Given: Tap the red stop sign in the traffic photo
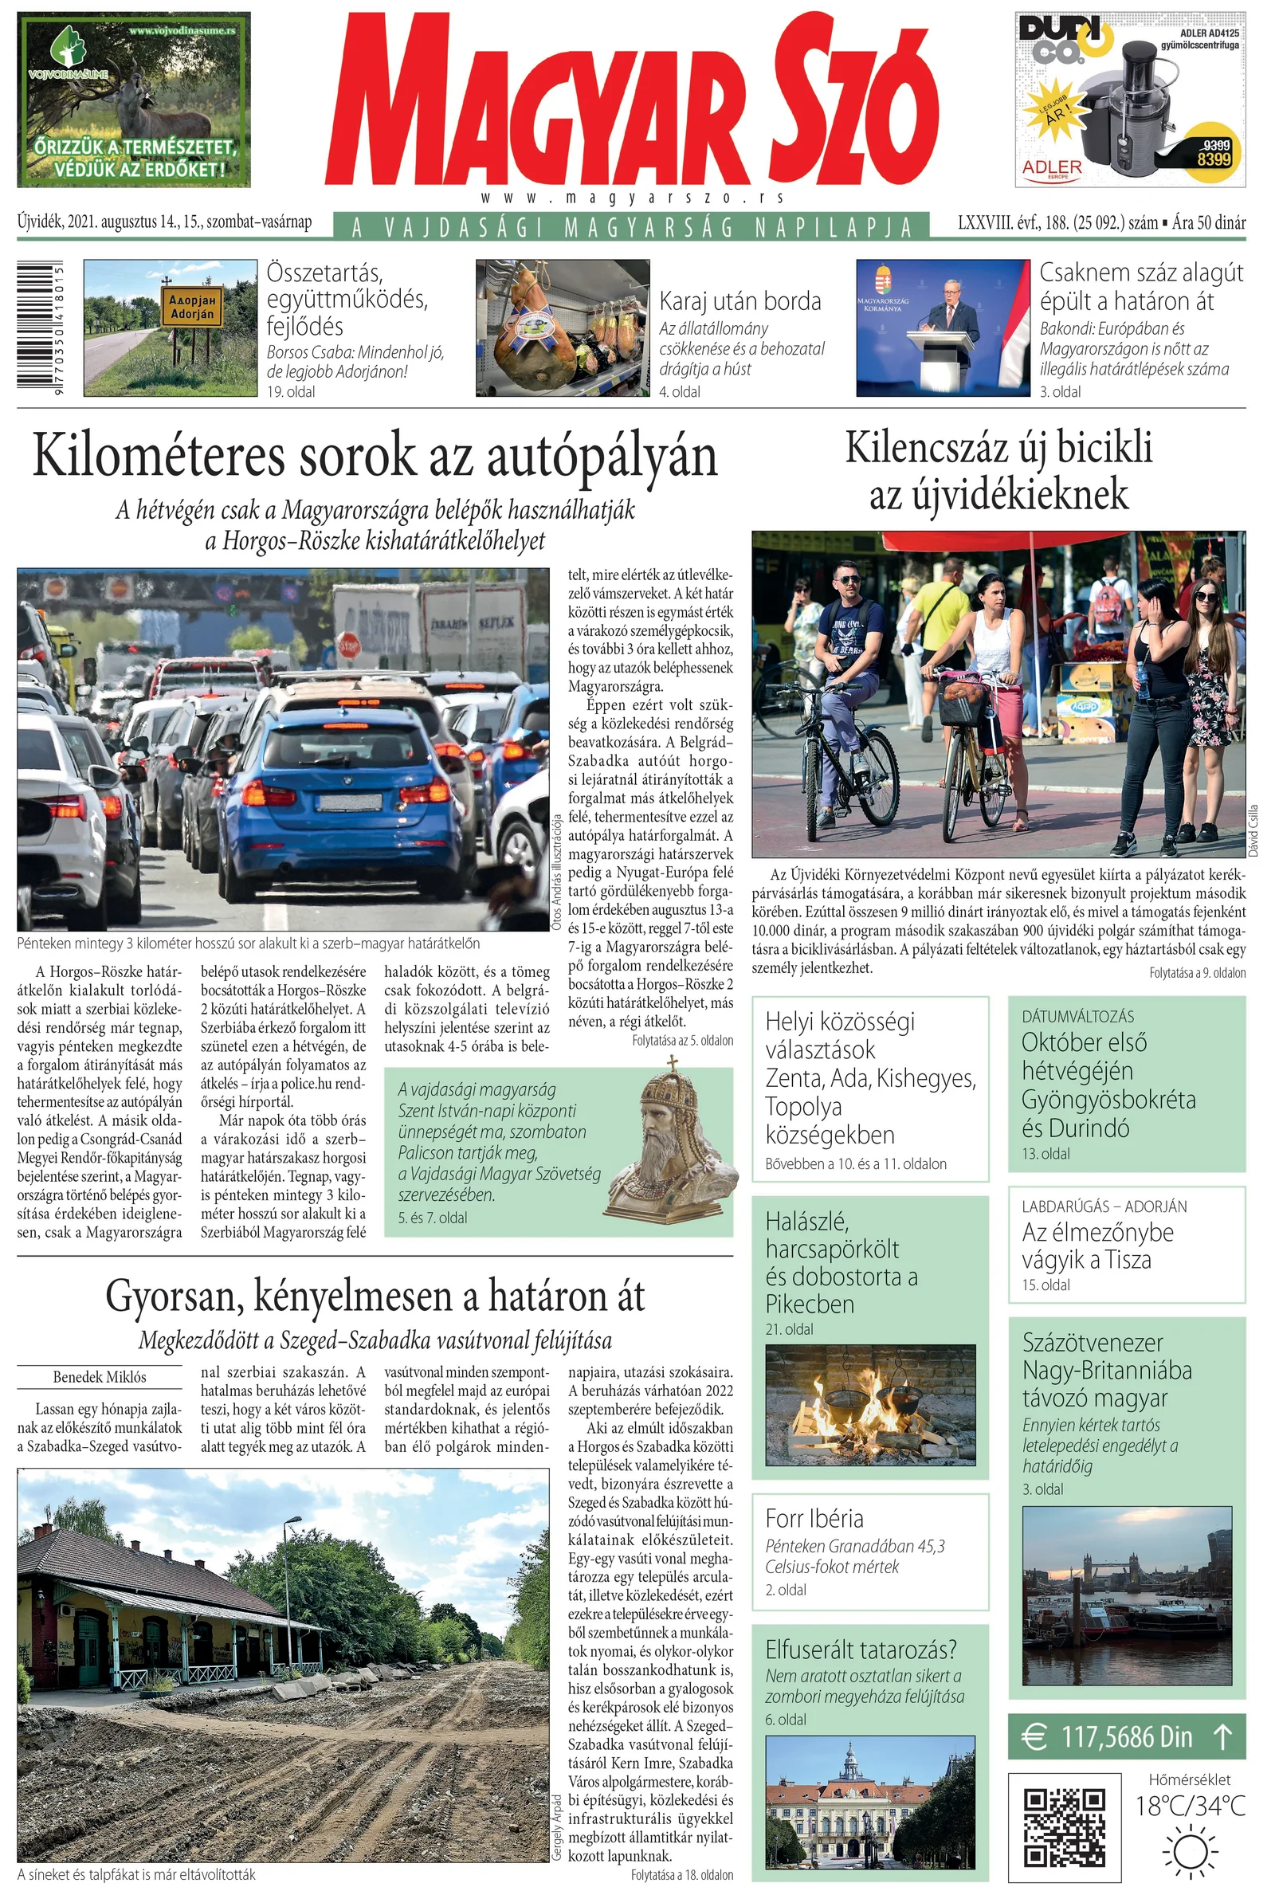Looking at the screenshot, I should tap(347, 645).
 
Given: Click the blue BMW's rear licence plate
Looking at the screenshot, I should tap(350, 802).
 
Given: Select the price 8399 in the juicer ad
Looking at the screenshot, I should tap(1213, 159).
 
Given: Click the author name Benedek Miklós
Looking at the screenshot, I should tap(99, 1377).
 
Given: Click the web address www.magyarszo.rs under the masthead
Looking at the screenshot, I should tap(632, 198).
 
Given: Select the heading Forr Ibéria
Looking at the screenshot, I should tap(814, 1518).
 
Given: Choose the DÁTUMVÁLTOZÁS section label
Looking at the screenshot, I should tap(1077, 1016).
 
